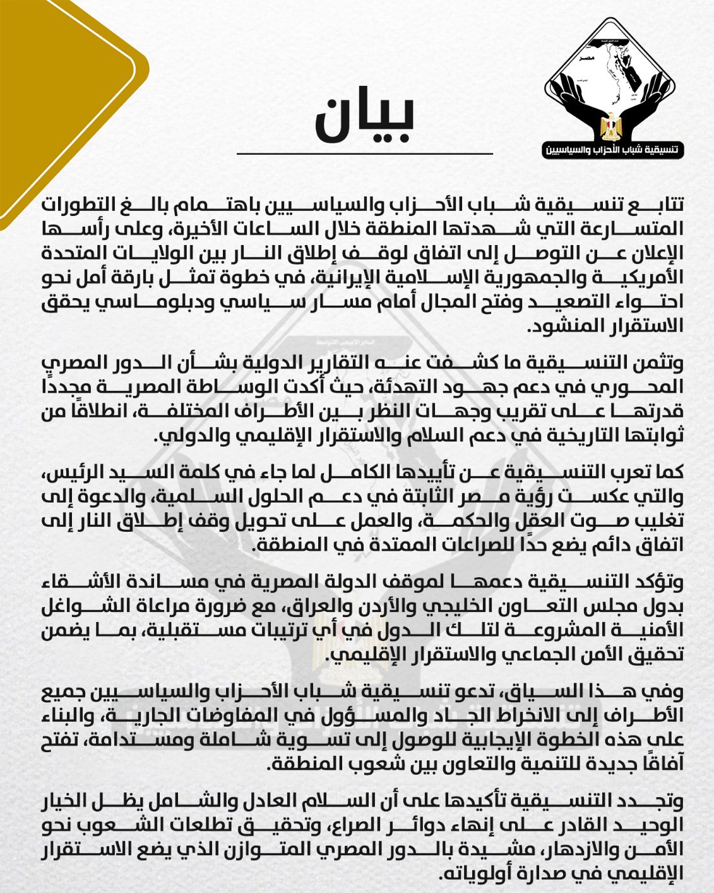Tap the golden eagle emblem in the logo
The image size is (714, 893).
coord(610,126)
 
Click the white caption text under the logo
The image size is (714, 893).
coord(613,150)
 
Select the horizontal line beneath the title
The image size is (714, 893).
coord(364,153)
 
